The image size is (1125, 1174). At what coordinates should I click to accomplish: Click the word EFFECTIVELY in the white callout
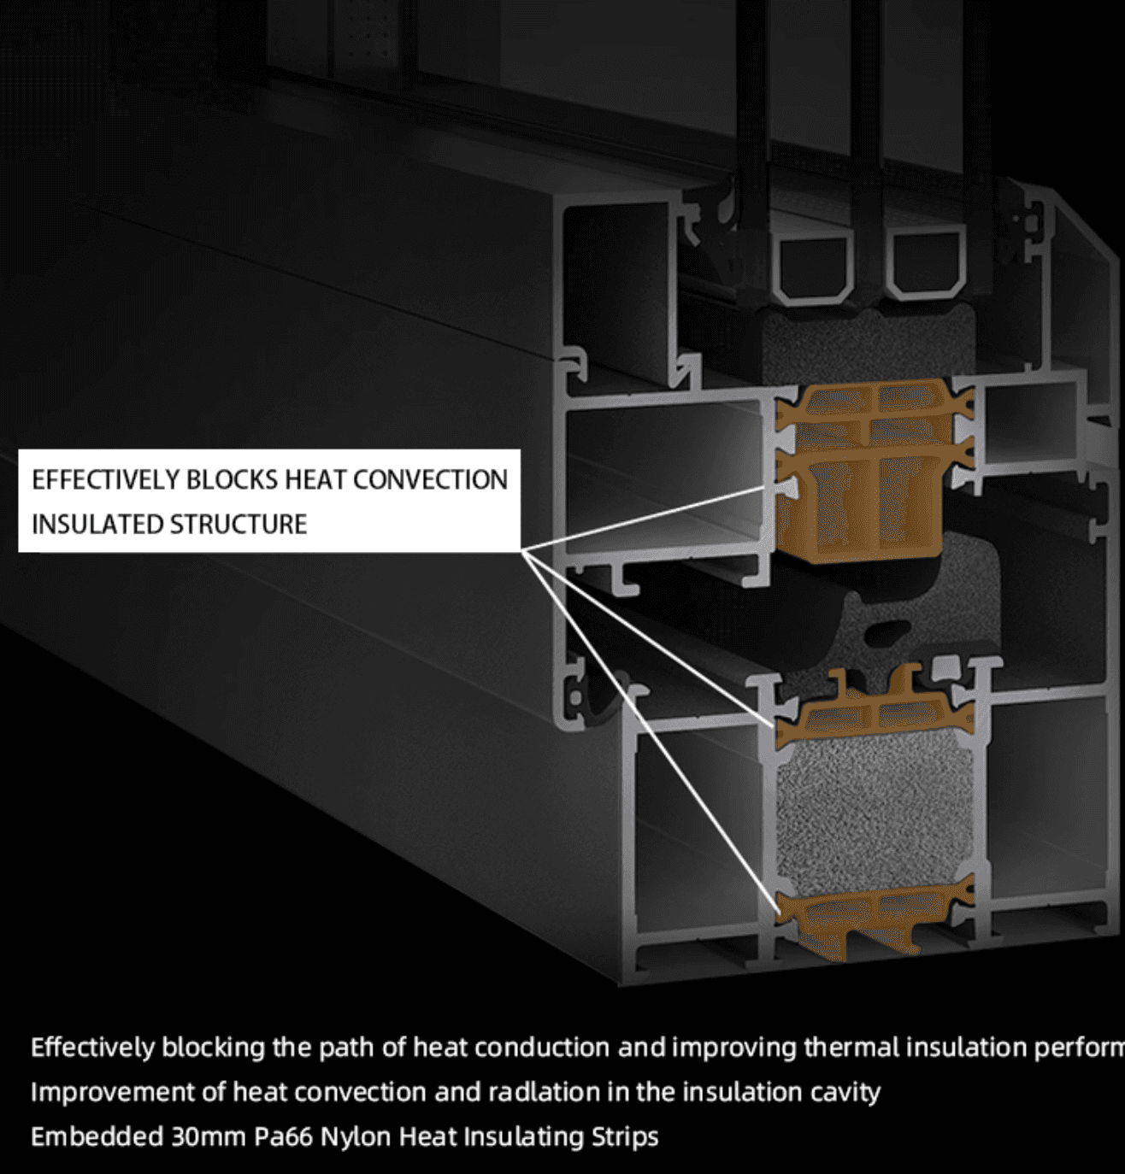pos(105,480)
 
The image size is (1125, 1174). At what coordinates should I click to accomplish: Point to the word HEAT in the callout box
pos(316,480)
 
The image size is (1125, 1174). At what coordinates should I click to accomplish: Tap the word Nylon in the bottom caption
pos(356,1137)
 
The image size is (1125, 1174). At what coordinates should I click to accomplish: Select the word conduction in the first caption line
pos(541,1048)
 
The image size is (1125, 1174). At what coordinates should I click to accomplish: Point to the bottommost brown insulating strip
pos(872,919)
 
